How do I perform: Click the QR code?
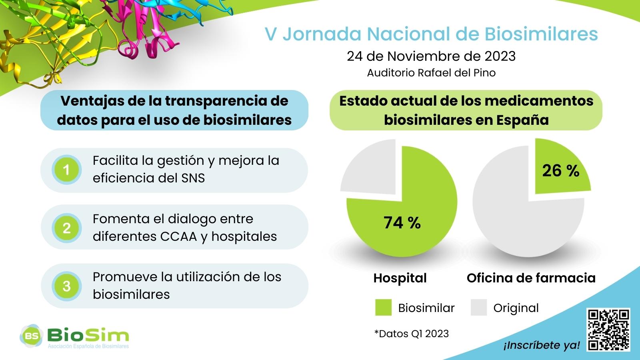[608, 330]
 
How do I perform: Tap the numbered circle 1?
[66, 170]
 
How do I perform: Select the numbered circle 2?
[66, 228]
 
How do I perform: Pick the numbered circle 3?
[66, 286]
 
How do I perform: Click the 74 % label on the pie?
[402, 222]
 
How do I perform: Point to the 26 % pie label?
[560, 170]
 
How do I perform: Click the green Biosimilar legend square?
[384, 308]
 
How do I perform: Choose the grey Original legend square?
[478, 308]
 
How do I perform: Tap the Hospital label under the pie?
[400, 278]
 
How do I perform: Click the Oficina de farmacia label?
[531, 278]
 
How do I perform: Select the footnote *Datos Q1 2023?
[412, 334]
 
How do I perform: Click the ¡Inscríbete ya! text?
[542, 345]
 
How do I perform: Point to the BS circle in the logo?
[31, 336]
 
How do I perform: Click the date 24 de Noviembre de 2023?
[431, 56]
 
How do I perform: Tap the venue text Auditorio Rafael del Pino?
[431, 72]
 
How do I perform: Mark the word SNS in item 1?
[193, 178]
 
